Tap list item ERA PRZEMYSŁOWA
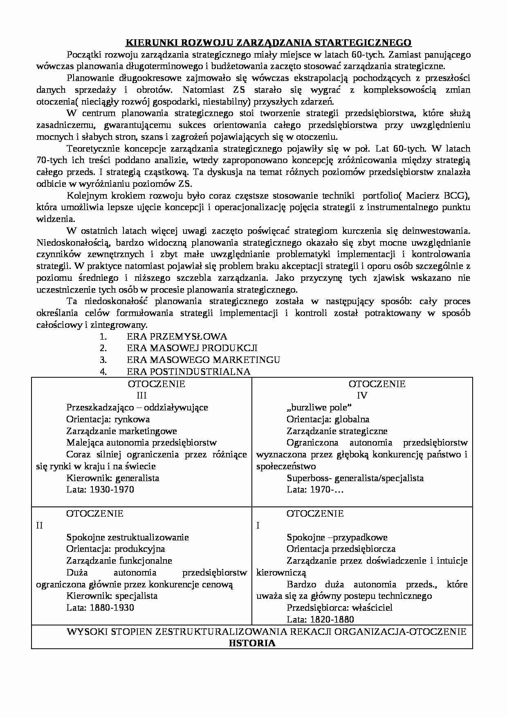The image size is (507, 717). pos(177,336)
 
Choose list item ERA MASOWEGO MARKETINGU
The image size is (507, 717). pos(203,360)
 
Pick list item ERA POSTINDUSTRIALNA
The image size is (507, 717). pos(188,372)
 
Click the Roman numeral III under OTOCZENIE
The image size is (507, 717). pos(141,396)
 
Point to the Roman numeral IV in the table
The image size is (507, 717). pos(362,396)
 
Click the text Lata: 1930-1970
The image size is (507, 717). pos(100,490)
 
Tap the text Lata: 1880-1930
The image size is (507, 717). pos(100,608)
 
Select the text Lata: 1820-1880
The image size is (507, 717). pos(320,620)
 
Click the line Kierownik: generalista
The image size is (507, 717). pos(113,478)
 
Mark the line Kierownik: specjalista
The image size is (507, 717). pos(112,596)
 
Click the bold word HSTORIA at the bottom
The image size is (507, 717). pos(252,643)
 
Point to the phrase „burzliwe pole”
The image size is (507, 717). pos(319,408)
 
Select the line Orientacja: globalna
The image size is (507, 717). pos(328,419)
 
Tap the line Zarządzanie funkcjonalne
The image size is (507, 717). pos(119,561)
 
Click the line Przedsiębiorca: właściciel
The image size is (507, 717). pos(339,608)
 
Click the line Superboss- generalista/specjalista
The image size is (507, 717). pos(355,478)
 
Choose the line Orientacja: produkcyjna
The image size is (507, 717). pos(116,549)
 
